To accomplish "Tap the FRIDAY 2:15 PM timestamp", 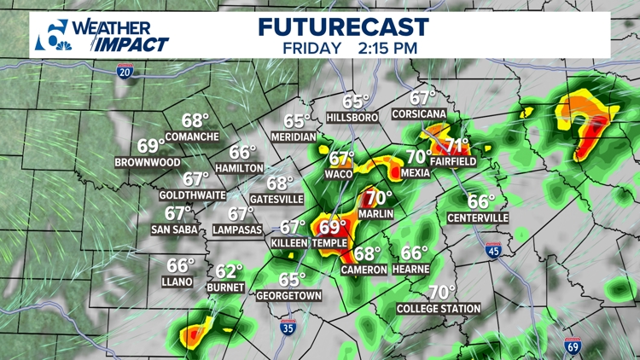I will (x=350, y=48).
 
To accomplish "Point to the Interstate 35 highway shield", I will (x=290, y=328).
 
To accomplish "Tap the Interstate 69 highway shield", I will (x=573, y=345).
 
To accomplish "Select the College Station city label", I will (x=439, y=308).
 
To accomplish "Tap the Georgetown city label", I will (x=288, y=295).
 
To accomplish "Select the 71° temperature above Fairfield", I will (x=458, y=145).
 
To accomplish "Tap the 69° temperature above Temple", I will (x=331, y=228).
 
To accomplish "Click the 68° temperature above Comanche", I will (x=195, y=121).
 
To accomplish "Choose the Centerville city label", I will (x=478, y=218).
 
